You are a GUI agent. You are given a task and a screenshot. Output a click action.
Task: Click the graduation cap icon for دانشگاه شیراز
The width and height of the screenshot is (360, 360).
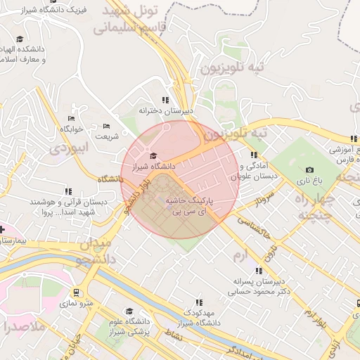(153, 155)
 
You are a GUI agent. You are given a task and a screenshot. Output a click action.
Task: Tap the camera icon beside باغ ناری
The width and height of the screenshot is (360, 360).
(309, 169)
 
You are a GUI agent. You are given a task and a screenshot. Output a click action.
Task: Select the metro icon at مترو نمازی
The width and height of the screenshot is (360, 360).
(76, 292)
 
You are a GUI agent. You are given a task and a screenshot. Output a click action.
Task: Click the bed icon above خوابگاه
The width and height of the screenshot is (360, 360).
(71, 118)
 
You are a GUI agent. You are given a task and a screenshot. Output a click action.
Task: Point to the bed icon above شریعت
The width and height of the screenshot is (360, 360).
(106, 125)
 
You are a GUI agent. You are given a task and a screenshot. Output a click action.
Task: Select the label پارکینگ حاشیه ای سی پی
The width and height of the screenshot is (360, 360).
(188, 205)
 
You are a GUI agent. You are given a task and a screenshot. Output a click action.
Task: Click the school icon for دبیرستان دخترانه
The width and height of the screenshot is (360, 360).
(165, 101)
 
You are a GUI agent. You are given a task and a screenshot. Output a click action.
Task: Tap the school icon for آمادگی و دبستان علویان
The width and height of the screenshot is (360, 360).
(253, 155)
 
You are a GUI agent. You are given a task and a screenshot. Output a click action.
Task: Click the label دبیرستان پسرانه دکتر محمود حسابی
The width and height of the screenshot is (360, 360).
(262, 285)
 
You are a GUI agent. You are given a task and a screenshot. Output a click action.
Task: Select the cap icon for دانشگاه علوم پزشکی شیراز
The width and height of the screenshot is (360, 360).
(129, 311)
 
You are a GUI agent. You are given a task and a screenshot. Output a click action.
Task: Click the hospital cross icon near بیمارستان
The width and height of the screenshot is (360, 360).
(2, 229)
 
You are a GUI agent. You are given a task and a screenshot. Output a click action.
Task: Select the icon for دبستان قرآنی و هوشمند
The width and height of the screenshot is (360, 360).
(68, 191)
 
